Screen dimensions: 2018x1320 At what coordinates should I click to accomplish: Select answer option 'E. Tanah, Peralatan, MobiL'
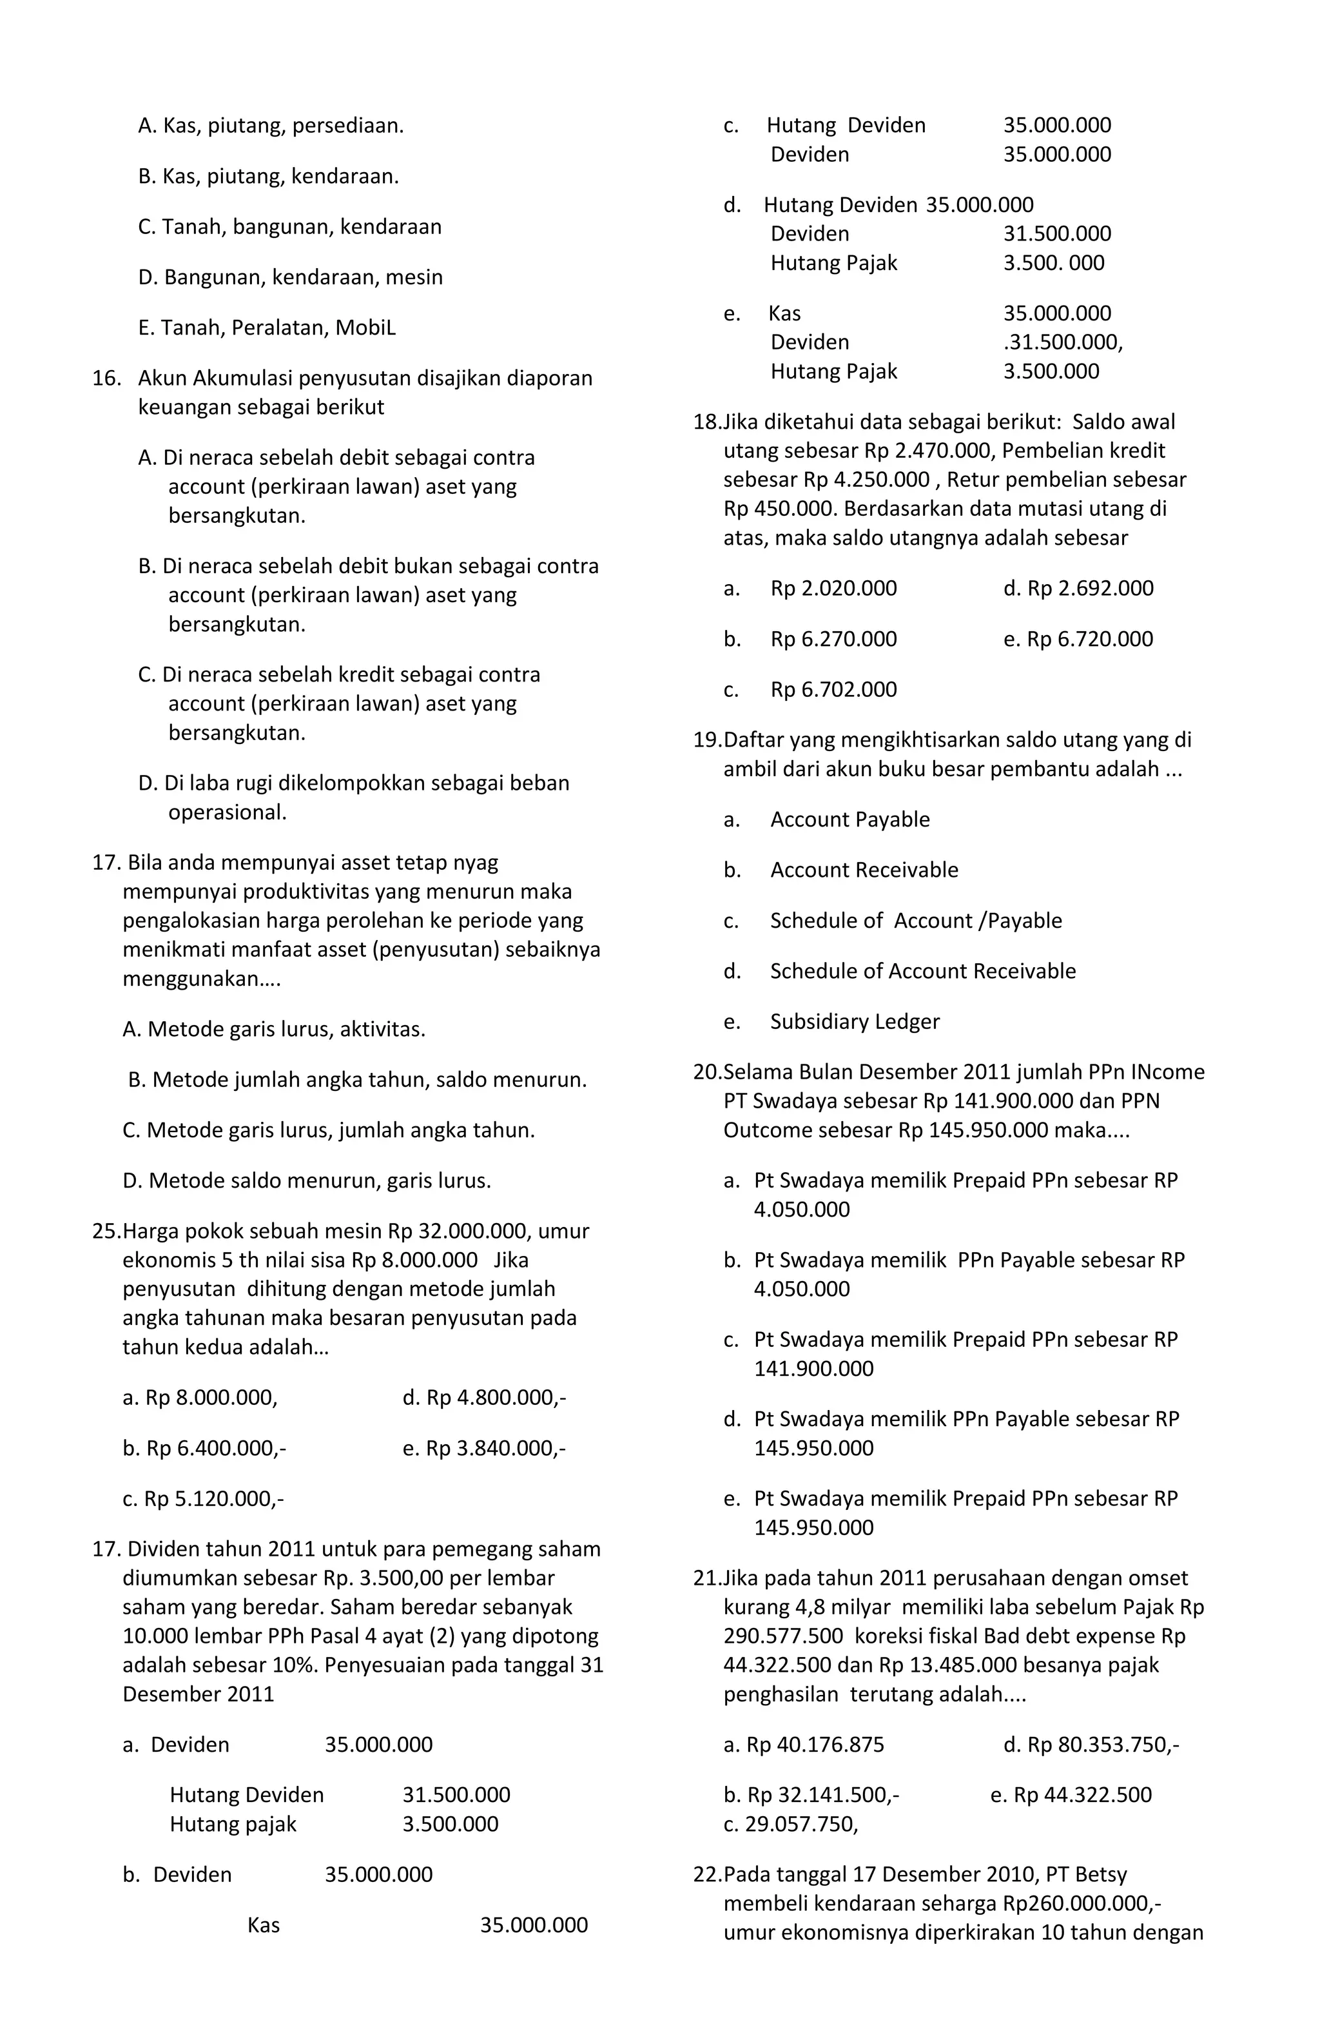click(x=266, y=328)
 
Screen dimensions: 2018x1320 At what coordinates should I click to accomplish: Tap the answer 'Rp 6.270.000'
click(x=833, y=640)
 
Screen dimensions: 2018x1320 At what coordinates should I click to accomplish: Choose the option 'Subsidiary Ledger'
click(x=854, y=1022)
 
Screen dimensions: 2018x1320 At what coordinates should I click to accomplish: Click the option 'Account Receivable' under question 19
click(x=863, y=870)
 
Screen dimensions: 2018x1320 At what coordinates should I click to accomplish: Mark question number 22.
click(x=706, y=1875)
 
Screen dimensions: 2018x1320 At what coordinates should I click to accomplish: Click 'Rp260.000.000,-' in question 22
click(x=1082, y=1903)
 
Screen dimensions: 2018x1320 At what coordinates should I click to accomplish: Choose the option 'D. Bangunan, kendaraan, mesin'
click(x=290, y=277)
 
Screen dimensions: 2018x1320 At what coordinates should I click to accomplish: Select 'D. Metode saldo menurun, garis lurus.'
click(x=307, y=1181)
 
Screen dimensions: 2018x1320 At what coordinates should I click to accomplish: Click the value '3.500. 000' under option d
click(x=1053, y=263)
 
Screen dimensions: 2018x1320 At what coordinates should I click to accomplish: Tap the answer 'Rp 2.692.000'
click(x=1078, y=589)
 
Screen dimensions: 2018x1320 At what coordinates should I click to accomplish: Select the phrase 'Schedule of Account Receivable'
click(x=922, y=971)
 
